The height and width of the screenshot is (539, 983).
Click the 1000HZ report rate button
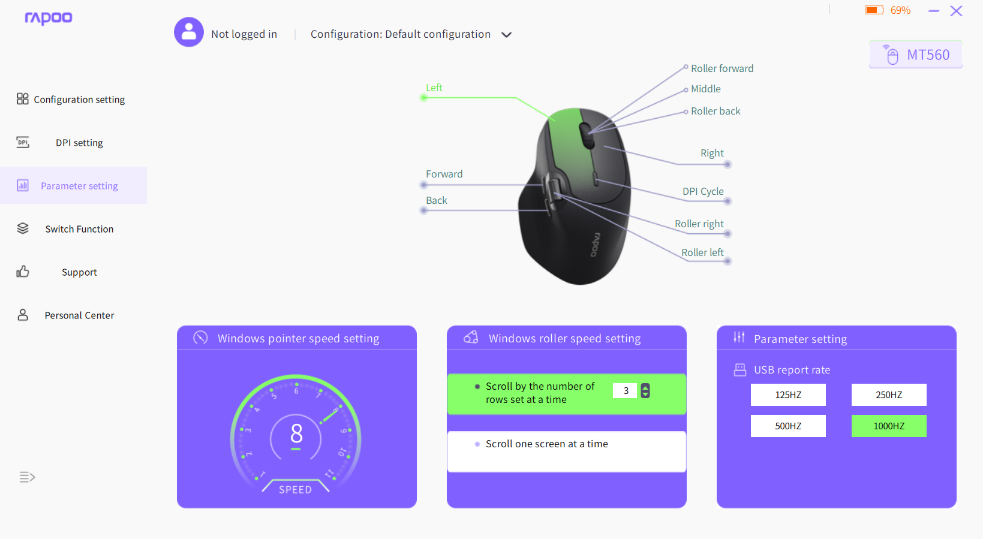tap(889, 426)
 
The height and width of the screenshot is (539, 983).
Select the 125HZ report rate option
tap(788, 395)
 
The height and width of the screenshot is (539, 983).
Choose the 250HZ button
tap(889, 395)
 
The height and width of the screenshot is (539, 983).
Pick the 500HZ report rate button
tap(788, 426)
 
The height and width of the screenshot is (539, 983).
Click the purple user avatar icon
tap(189, 32)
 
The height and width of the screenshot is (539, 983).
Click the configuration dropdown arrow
tap(506, 35)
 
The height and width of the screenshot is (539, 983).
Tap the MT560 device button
tap(915, 55)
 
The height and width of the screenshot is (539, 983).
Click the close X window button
tap(956, 11)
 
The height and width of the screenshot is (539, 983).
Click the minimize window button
tap(934, 11)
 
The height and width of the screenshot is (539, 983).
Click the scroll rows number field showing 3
tap(625, 390)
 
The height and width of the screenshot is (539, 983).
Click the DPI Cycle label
tap(703, 191)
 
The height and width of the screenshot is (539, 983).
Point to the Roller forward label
tap(722, 68)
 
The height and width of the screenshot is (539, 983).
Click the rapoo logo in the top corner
tap(48, 18)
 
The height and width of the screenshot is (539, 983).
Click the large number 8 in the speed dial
tap(297, 433)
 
